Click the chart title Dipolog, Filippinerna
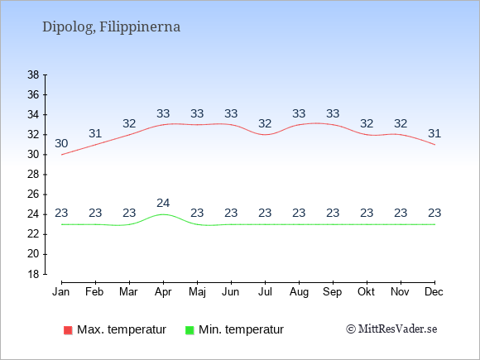(111, 27)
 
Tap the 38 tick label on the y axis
(33, 74)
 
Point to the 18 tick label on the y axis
(33, 274)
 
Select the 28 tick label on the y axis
(33, 175)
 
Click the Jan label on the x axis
(61, 292)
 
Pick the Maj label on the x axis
(197, 292)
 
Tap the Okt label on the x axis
(366, 292)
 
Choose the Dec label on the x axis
(434, 292)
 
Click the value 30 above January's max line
(61, 143)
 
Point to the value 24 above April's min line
(163, 203)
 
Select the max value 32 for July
(265, 123)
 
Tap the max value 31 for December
(434, 133)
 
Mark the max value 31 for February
(95, 133)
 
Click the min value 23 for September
(333, 213)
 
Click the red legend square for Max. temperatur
(68, 330)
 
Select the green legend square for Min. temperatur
(190, 330)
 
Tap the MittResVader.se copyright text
(391, 329)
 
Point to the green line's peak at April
(163, 214)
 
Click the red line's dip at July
(265, 135)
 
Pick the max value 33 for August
(299, 113)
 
